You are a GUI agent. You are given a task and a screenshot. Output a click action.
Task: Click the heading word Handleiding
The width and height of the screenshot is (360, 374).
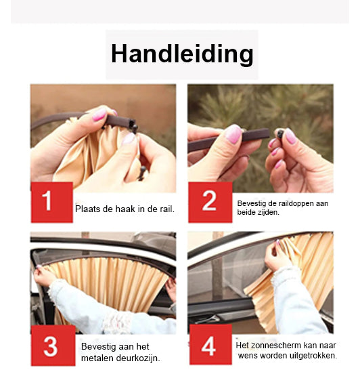coord(182,54)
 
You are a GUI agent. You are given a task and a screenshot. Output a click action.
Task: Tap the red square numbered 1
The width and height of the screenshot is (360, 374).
coord(51,203)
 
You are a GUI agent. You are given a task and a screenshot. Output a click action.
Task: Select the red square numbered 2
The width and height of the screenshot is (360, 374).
coord(210,203)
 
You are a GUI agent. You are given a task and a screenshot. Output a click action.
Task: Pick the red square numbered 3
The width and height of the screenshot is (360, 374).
coord(53,345)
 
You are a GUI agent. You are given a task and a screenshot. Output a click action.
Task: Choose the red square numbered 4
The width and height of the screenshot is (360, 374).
coord(210,344)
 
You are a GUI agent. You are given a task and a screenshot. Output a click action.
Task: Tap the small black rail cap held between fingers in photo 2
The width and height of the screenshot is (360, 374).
coord(280,133)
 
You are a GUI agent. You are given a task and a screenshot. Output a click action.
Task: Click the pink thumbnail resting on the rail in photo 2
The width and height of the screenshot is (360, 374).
coord(233,133)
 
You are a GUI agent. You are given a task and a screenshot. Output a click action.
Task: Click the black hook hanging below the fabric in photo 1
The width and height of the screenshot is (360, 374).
coord(142,173)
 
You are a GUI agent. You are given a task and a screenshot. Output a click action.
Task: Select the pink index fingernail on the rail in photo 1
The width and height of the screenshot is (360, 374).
coord(99,115)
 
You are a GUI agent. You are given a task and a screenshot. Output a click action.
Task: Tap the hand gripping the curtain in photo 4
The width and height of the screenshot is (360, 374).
coord(276,255)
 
